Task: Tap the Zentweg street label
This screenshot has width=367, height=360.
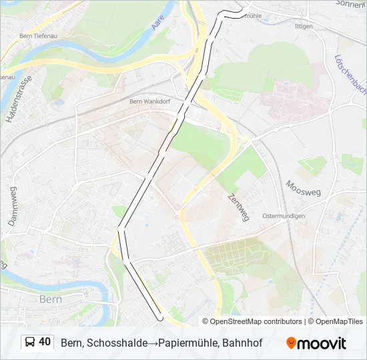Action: [238, 205]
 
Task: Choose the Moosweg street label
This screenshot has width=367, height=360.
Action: [303, 188]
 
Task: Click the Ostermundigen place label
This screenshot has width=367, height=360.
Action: [284, 216]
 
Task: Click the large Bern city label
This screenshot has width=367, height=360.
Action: [51, 299]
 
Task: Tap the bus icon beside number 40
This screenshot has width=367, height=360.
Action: [30, 342]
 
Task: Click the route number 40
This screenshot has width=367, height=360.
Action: [45, 342]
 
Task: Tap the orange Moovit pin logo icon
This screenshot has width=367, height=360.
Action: [291, 343]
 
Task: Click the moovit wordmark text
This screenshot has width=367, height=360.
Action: [322, 343]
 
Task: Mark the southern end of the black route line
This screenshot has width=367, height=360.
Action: [159, 317]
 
